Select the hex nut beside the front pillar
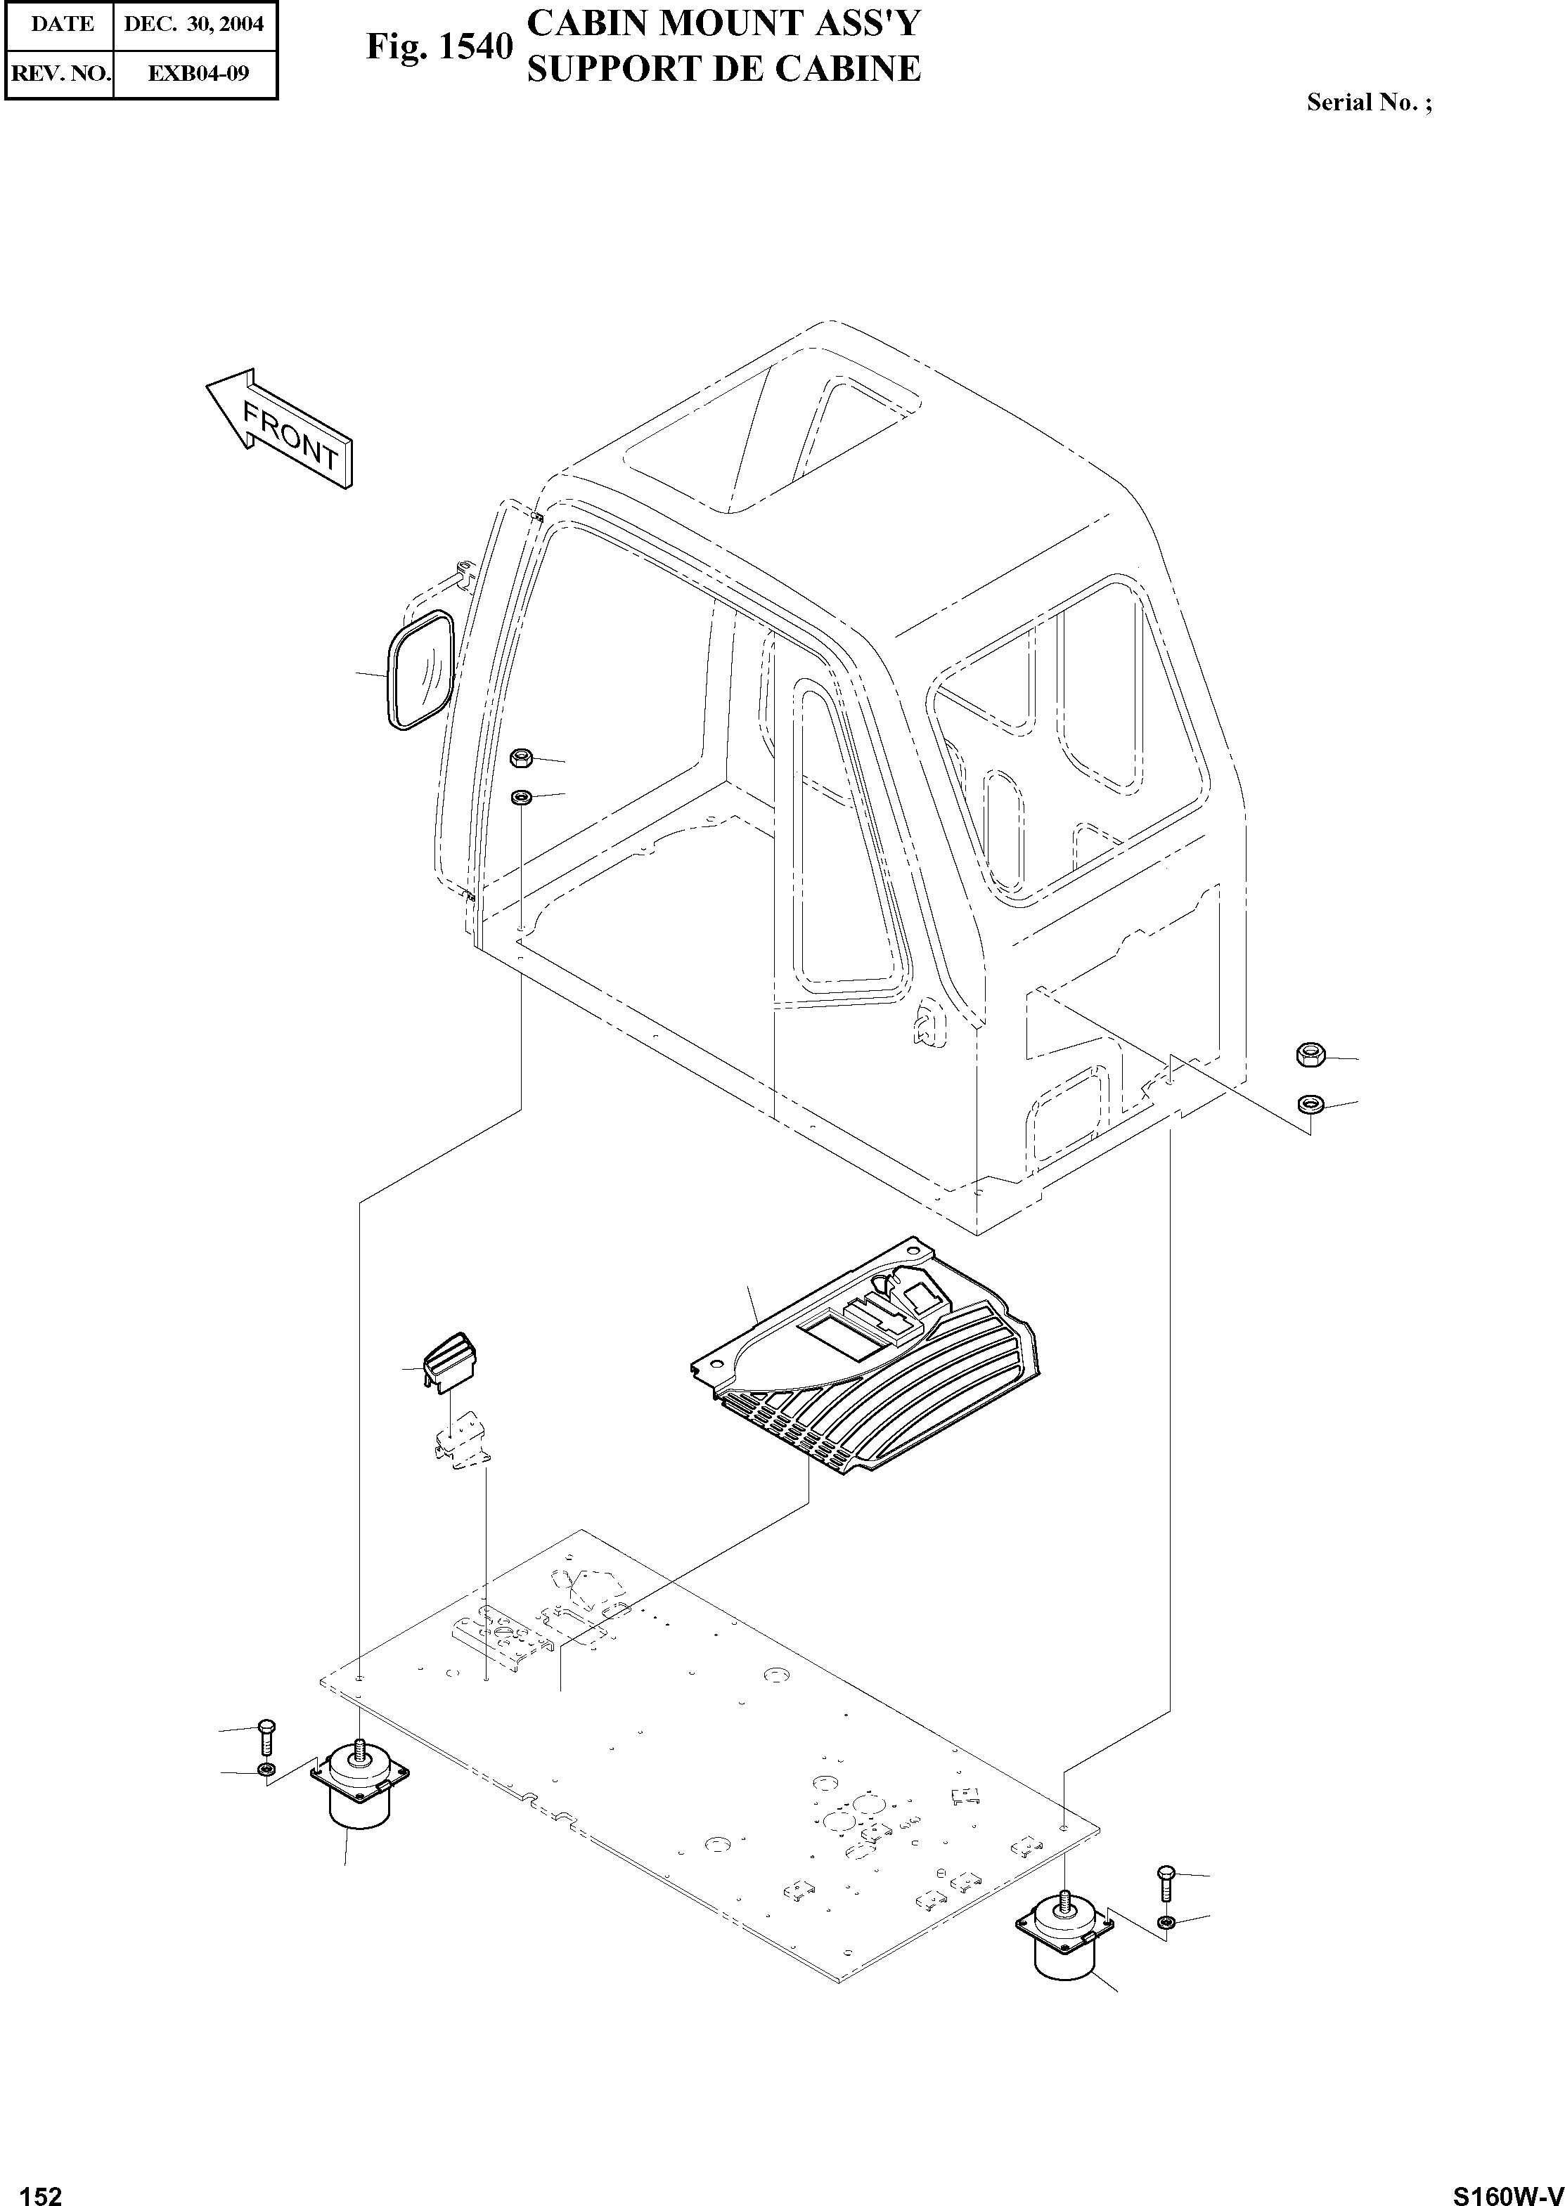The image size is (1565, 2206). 522,758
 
